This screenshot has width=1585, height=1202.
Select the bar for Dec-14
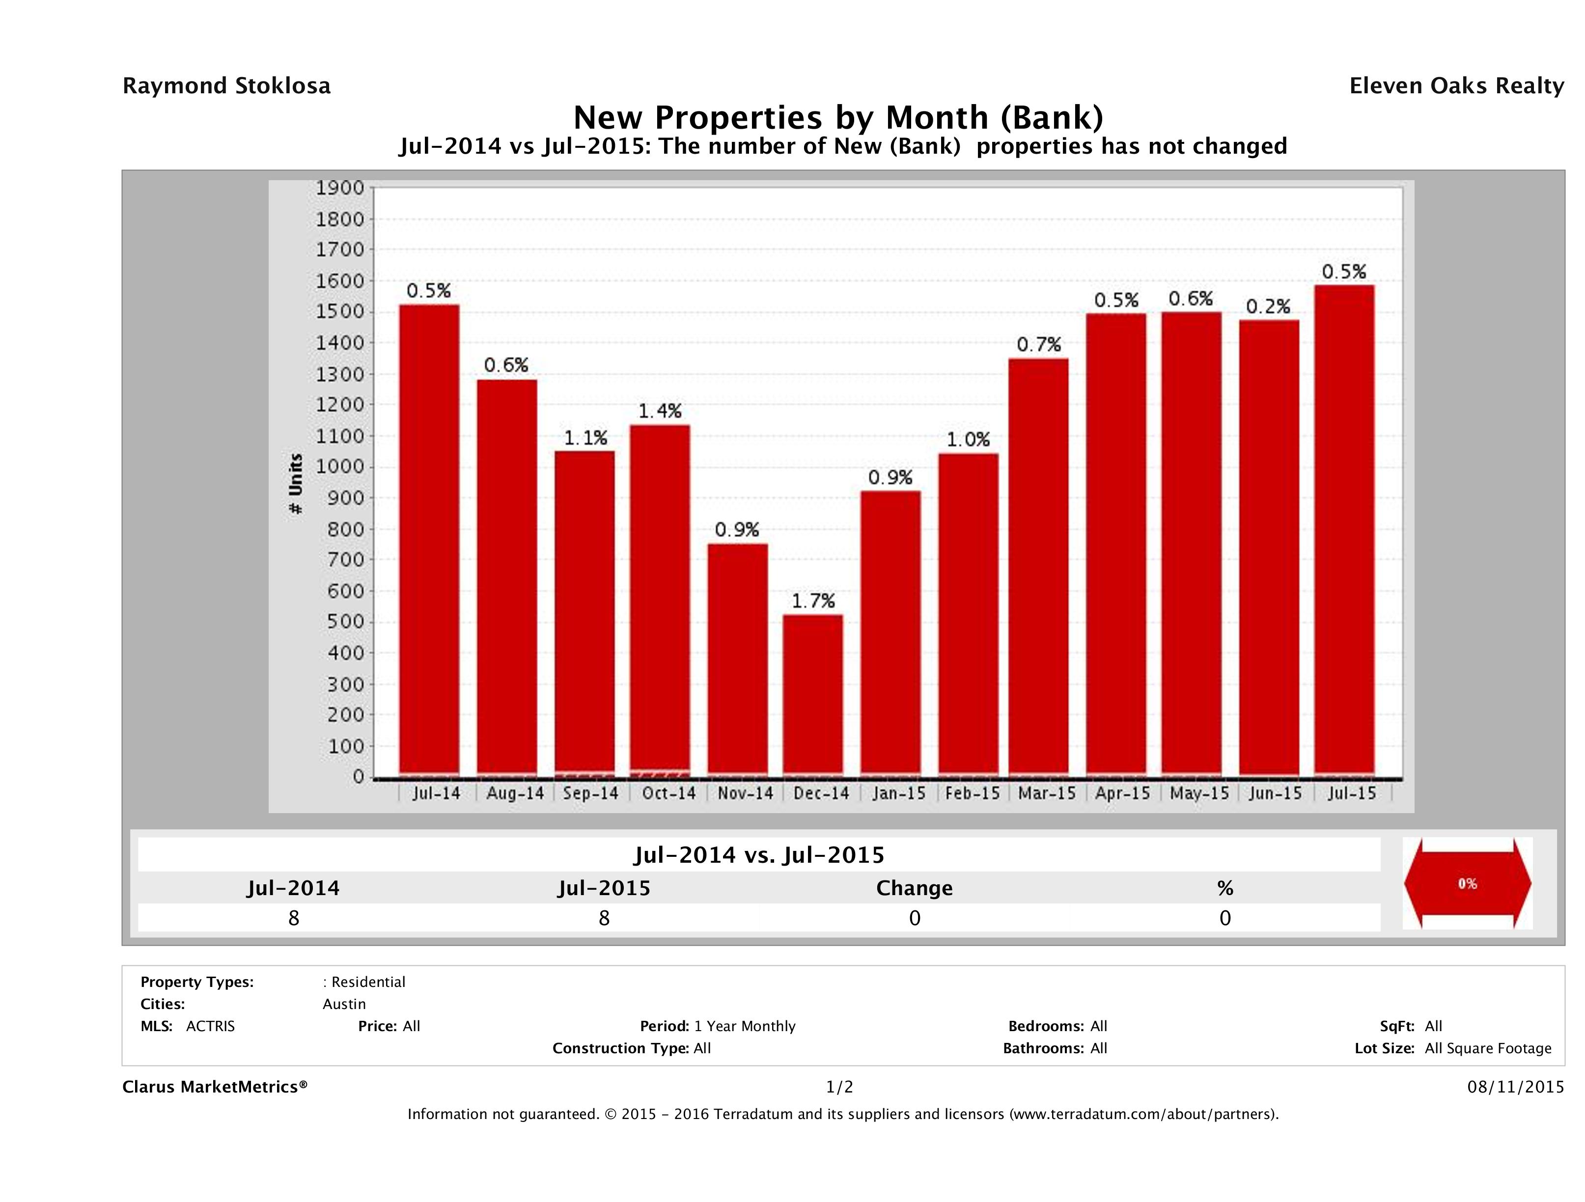pos(812,695)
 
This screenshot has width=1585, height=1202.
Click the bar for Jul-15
pos(1344,530)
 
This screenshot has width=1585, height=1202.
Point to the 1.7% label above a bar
pos(813,601)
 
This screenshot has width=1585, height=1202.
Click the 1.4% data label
pos(660,410)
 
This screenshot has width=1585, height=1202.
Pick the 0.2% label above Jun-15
pos(1268,306)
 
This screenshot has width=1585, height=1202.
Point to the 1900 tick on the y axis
pos(340,188)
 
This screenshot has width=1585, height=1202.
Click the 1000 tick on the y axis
pos(340,467)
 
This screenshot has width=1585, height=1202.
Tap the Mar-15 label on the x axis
pos(1047,793)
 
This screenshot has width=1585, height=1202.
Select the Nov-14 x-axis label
pos(745,793)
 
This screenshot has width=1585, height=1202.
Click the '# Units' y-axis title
pos(295,484)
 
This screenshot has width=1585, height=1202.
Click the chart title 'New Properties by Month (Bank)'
pos(838,117)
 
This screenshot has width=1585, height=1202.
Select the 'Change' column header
pos(915,888)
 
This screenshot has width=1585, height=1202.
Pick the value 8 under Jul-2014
pos(294,918)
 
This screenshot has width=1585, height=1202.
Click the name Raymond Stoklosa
pos(226,86)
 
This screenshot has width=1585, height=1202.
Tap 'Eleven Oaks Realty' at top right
pos(1456,86)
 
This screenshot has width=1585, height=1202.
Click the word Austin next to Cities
pos(344,1004)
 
